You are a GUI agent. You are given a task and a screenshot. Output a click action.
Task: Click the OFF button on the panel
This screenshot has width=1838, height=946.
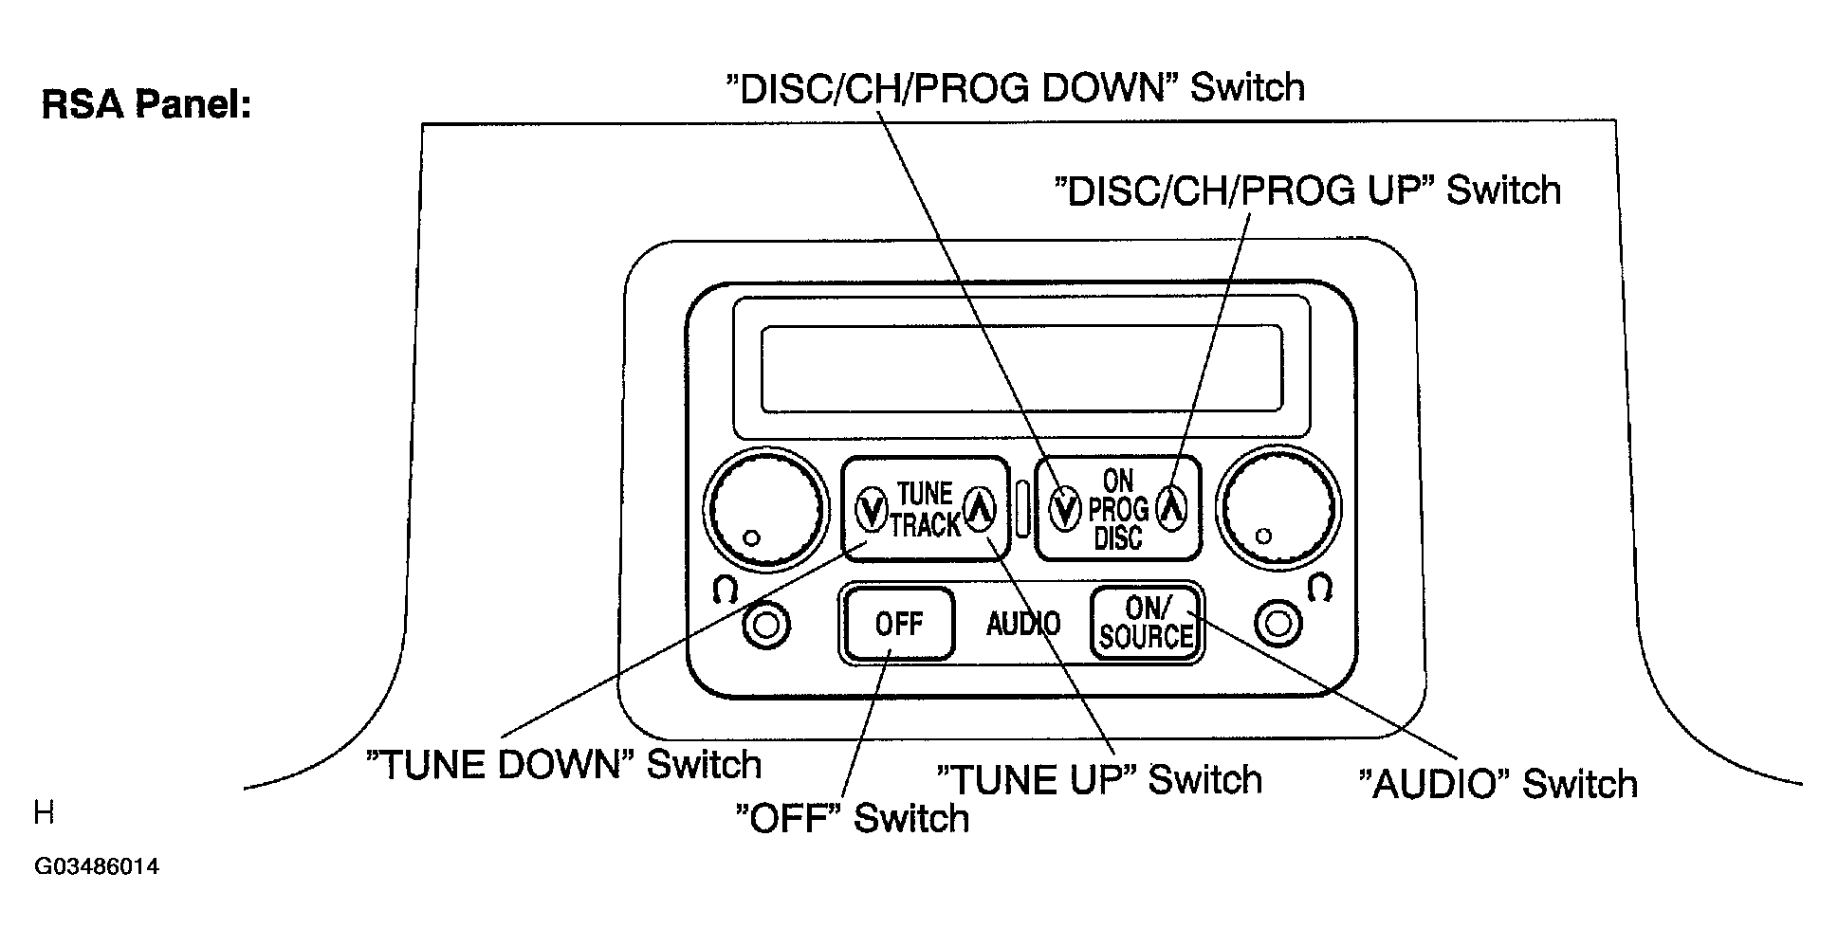pos(897,624)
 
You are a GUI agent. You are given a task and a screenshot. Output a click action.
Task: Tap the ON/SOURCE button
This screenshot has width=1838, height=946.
pos(1146,623)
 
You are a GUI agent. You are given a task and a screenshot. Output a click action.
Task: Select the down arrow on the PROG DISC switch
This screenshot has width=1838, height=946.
pos(1065,509)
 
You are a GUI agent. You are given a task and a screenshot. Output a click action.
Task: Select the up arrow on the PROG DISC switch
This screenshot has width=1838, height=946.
pos(1173,507)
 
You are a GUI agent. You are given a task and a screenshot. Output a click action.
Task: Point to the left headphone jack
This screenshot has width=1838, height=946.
pos(765,626)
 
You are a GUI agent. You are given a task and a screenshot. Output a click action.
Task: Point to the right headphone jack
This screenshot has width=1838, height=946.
pos(1277,624)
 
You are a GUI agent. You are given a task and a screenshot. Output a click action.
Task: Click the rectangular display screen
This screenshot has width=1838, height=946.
pos(1021,369)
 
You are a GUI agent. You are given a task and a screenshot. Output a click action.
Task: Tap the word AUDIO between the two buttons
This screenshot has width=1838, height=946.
pos(1022,624)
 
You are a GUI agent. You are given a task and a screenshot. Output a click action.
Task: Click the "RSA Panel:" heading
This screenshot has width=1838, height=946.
pos(146,105)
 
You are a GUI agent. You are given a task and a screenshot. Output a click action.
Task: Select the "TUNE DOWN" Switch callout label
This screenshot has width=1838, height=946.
pos(564,764)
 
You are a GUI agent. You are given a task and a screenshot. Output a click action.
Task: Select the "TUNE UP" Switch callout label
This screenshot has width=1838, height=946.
pos(1098,779)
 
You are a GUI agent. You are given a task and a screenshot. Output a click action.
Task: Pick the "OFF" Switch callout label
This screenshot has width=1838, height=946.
pos(853,818)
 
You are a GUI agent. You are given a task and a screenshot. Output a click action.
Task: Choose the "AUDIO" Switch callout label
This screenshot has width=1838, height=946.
pos(1498,784)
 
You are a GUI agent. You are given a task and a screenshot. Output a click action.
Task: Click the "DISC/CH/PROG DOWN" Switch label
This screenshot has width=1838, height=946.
pos(1014,87)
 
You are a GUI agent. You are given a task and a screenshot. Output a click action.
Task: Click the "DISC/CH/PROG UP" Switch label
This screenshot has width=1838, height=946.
pos(1307,191)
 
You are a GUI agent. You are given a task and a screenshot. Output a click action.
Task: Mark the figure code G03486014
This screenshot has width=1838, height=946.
pos(96,866)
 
